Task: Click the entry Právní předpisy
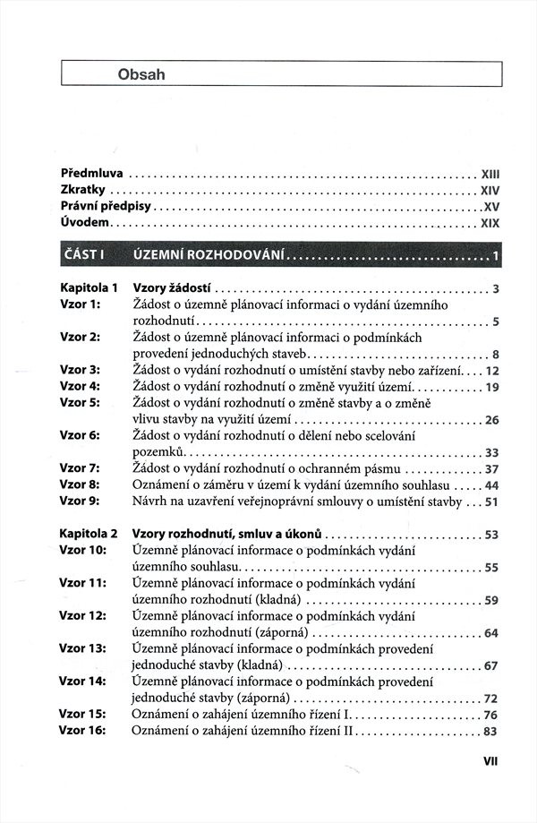click(106, 206)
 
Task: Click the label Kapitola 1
click(89, 288)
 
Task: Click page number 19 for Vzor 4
click(490, 388)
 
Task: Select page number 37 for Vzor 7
click(490, 469)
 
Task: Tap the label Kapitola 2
click(89, 535)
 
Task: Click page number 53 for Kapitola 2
click(490, 536)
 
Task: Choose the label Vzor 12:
click(82, 616)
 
